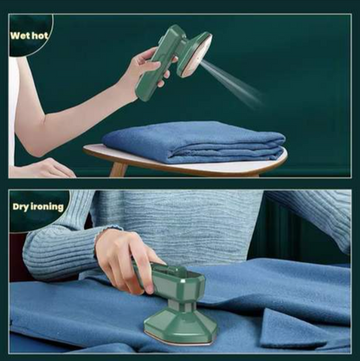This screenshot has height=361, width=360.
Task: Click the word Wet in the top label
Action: pos(21,35)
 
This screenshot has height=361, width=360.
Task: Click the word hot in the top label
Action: pos(40,35)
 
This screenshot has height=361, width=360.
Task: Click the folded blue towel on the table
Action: pos(193,142)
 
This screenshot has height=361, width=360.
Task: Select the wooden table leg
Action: pos(118,169)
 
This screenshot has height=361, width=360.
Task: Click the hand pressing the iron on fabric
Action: pos(127,261)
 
